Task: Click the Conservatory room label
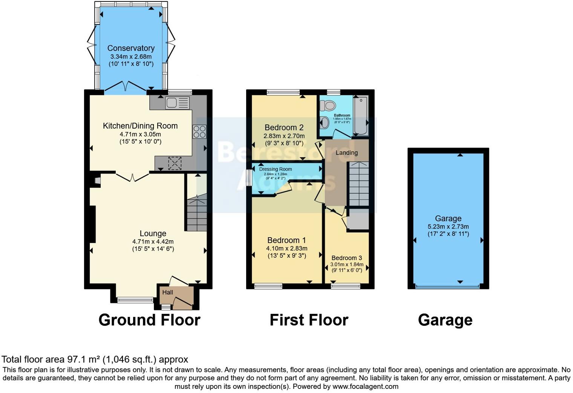point(131,48)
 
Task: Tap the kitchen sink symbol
point(177,103)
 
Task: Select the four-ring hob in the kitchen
point(199,131)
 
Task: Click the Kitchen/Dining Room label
point(140,126)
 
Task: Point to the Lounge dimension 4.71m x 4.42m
point(153,242)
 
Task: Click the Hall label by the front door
point(168,292)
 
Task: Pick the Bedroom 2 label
point(284,127)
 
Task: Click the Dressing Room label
point(276,169)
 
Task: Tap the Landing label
point(346,153)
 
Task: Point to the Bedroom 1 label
point(286,240)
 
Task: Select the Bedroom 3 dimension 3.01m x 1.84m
point(347,265)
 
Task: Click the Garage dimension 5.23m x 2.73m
point(448,227)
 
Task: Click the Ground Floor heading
point(149,320)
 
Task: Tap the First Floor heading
point(309,320)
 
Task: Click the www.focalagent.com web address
point(365,387)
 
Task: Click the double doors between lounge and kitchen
point(132,177)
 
